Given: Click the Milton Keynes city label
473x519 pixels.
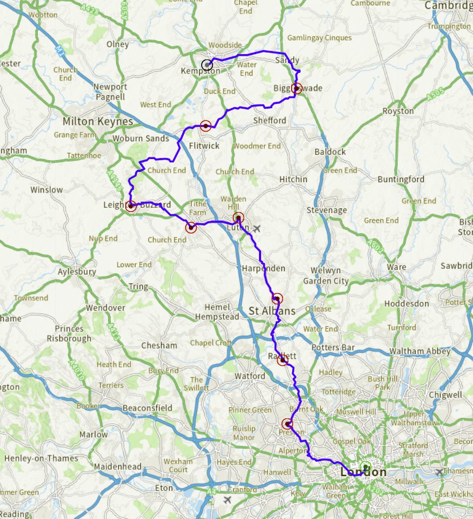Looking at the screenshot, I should tap(97, 122).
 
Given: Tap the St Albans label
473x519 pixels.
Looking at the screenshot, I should tap(272, 311).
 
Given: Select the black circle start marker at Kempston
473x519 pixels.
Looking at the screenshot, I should tap(207, 65).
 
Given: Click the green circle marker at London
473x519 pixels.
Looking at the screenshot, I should tap(365, 467).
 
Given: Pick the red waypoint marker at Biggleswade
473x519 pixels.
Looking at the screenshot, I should tap(297, 88).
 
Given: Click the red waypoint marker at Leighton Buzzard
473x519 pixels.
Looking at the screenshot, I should tap(131, 205).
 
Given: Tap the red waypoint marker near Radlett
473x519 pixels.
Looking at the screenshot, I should tap(282, 361).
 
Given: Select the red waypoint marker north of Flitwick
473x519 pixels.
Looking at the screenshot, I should tap(205, 126).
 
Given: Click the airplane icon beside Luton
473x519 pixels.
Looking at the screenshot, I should tap(257, 229).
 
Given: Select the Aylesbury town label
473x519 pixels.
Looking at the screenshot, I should tap(77, 272).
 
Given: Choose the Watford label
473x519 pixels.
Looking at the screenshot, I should tap(250, 376).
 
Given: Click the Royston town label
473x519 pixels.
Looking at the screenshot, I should tap(398, 111).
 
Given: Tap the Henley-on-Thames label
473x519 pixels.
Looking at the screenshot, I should tap(41, 458).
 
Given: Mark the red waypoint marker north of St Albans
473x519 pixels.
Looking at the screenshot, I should tap(277, 298).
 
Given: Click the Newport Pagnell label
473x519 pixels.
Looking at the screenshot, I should tap(110, 92).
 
